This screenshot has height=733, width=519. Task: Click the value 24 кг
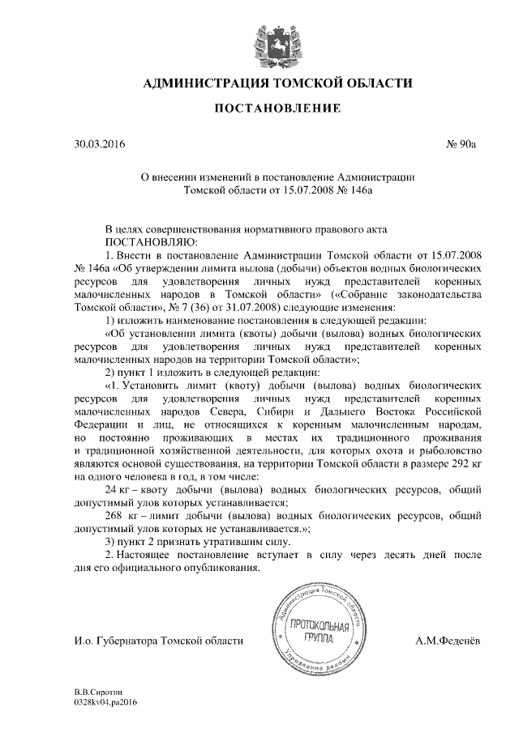pos(120,491)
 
